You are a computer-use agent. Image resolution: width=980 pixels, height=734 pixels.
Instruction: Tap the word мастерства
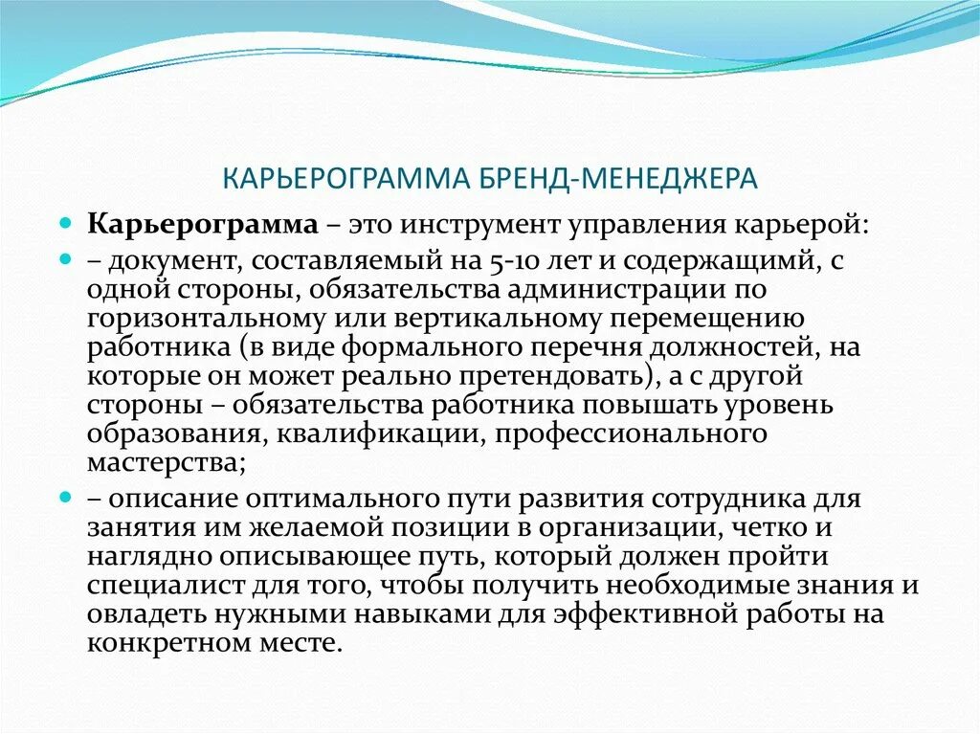click(x=163, y=463)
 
